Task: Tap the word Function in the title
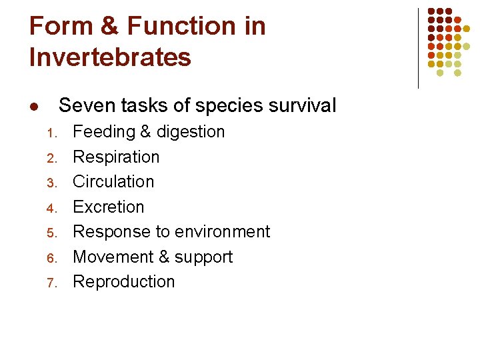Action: click(x=181, y=27)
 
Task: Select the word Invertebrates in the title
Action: click(x=110, y=57)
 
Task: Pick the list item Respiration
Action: click(x=116, y=157)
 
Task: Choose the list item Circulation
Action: click(x=113, y=181)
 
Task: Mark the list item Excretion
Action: click(x=108, y=207)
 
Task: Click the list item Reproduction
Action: click(x=123, y=282)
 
